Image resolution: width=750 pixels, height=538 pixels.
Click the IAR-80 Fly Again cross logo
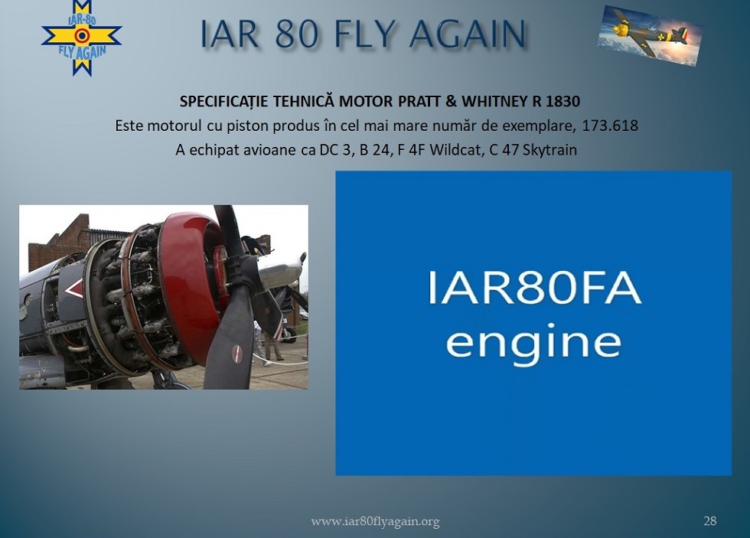coord(82,37)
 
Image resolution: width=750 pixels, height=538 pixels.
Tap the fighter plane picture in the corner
coord(650,35)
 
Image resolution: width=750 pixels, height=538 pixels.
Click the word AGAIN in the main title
coord(468,35)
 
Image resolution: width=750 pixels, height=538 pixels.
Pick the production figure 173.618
coord(610,126)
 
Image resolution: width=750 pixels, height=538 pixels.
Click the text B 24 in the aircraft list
coord(373,150)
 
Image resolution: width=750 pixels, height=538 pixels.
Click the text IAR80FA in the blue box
coord(533,288)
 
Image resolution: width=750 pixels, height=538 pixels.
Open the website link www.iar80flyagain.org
coord(375,521)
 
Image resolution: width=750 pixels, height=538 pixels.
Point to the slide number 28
coord(710,520)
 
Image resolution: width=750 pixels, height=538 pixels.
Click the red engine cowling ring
coord(189,287)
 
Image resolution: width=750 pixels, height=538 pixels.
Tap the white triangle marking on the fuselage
coord(73,289)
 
